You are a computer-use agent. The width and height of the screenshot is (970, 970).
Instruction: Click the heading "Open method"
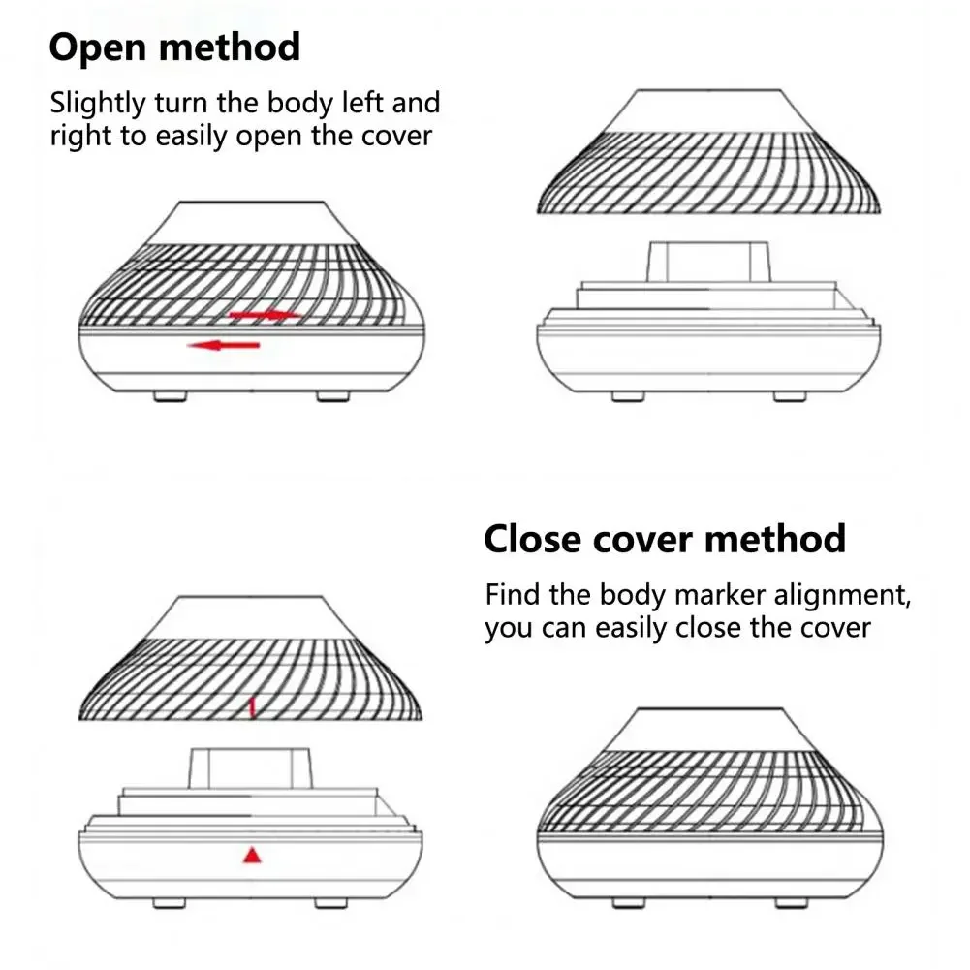[x=174, y=47]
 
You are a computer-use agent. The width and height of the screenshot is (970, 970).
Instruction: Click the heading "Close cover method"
[x=664, y=538]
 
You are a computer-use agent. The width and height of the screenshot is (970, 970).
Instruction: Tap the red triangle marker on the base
[x=252, y=855]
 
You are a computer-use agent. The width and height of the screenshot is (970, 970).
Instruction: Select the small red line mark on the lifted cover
[x=252, y=708]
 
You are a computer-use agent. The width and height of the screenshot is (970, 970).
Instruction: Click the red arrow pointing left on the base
[x=224, y=345]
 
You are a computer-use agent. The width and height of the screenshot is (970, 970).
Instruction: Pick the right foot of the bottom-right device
[x=790, y=903]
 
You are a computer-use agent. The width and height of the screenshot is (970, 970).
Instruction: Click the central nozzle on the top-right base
[x=707, y=260]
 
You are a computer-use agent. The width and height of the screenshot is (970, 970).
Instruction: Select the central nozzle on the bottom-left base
[x=250, y=767]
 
